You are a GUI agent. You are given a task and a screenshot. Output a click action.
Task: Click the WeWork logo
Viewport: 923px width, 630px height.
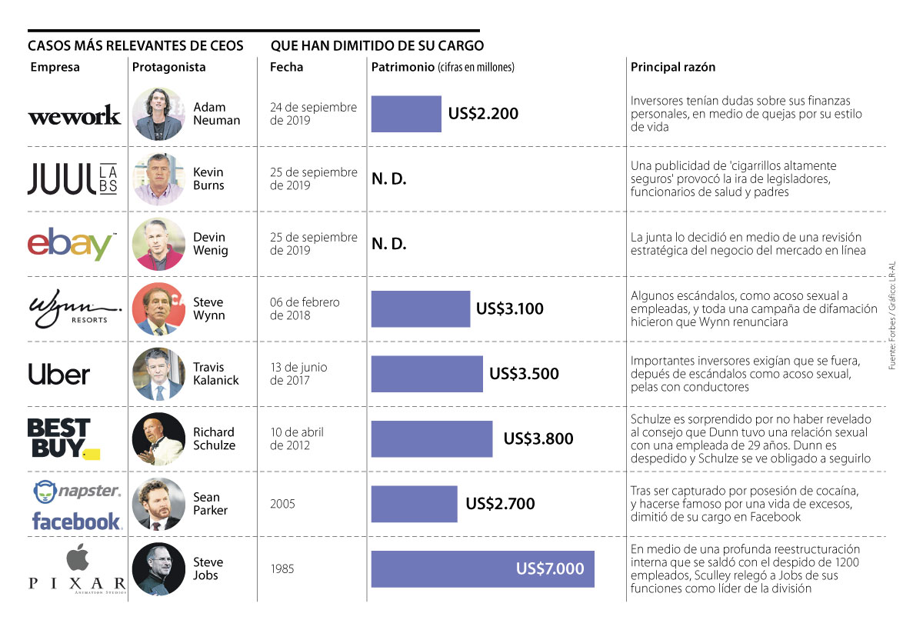74,115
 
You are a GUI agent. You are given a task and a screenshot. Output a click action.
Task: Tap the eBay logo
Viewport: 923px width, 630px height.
72,244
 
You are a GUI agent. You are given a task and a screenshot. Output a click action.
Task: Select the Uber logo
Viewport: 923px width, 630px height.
59,375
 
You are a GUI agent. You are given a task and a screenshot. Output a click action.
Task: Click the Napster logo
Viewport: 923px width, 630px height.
77,491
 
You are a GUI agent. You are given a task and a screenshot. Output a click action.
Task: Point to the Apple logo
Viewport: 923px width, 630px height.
75,556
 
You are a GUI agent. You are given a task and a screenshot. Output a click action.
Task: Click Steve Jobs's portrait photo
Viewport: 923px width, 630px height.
158,569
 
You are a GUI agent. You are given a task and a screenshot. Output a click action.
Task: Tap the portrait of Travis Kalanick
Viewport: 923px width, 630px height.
158,374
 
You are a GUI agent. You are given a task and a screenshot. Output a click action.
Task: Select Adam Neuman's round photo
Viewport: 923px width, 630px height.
158,114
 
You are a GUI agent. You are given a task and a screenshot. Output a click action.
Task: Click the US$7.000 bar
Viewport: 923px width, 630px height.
482,569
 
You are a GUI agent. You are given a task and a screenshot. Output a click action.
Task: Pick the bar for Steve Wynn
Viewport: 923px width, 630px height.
420,309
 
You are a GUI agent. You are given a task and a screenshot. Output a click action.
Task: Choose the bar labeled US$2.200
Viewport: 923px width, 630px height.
406,114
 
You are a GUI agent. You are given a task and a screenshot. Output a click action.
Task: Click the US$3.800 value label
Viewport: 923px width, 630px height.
538,439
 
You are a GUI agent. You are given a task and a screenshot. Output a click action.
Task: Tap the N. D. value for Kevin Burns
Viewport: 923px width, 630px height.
389,179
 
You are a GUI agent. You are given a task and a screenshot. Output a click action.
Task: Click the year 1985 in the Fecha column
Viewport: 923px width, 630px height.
282,569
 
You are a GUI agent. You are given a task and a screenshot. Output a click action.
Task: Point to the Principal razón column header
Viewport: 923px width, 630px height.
673,67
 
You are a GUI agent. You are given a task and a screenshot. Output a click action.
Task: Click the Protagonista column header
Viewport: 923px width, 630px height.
169,67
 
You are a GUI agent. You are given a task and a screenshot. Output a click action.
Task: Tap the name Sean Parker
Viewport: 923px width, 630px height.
211,504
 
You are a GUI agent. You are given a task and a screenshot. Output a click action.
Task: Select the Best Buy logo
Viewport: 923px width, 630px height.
62,438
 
